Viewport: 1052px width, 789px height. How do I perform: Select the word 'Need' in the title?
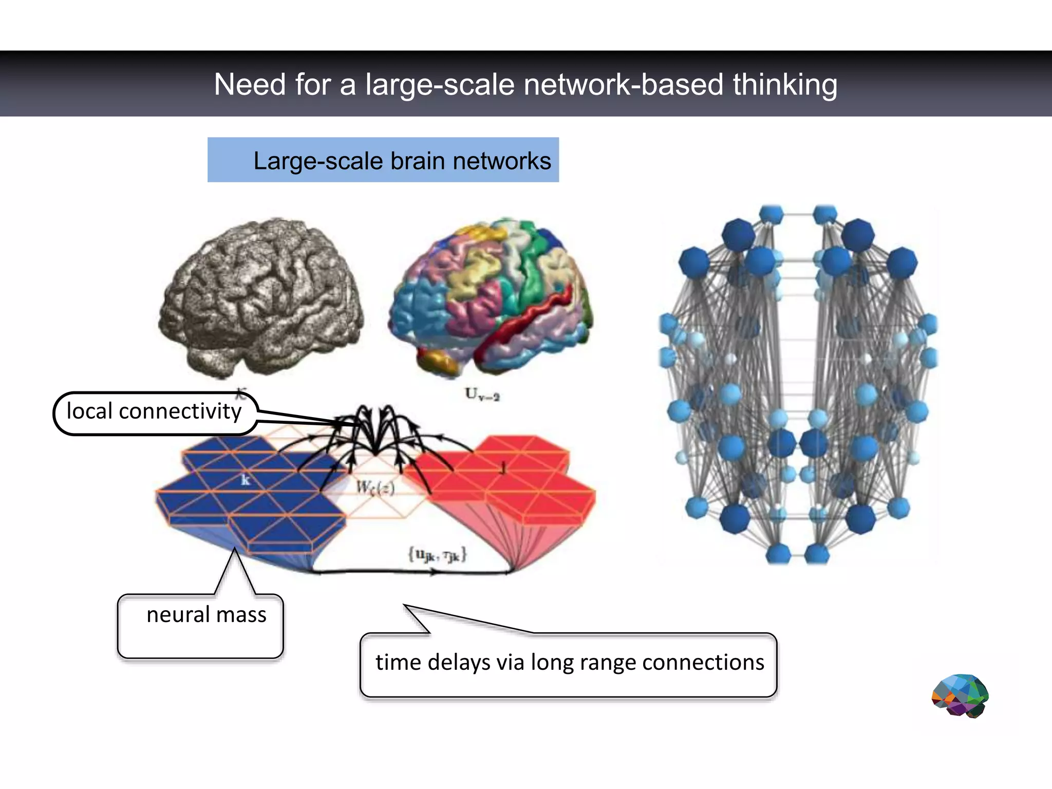click(249, 85)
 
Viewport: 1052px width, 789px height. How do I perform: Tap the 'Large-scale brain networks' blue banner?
click(383, 160)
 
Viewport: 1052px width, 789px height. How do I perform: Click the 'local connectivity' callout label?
click(154, 411)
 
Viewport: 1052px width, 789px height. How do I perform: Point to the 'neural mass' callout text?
click(206, 615)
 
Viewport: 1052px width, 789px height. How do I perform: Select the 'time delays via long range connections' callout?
click(569, 663)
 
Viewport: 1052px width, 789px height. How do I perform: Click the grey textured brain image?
click(261, 298)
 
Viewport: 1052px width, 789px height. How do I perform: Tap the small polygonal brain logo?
click(960, 696)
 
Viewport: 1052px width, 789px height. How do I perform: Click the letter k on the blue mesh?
click(246, 480)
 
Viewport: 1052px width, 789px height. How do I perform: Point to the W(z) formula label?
click(375, 487)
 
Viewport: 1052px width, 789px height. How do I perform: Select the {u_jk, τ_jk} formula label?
click(437, 555)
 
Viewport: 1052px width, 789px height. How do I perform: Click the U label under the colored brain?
click(482, 394)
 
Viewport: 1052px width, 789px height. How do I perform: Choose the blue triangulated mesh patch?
click(247, 493)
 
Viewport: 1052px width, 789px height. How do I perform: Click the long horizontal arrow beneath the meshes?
click(411, 572)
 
